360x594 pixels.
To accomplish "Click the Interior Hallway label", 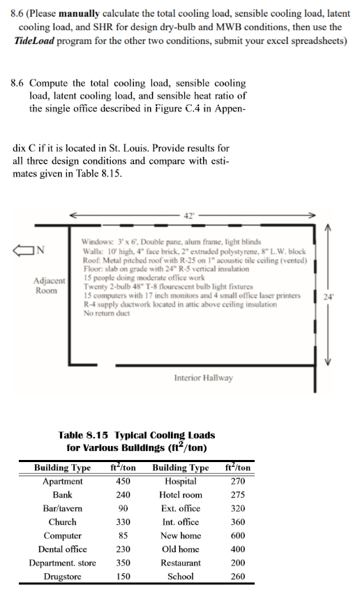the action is coord(202,378).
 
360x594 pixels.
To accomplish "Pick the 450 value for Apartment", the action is coord(123,481).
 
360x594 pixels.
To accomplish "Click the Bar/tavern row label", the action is coord(63,508).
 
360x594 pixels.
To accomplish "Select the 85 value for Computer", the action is coord(123,535).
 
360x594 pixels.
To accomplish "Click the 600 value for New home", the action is coord(239,535).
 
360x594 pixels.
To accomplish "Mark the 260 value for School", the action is coord(239,577).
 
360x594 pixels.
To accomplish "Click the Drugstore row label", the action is coord(63,577).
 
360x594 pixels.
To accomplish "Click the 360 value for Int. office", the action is coord(239,522).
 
